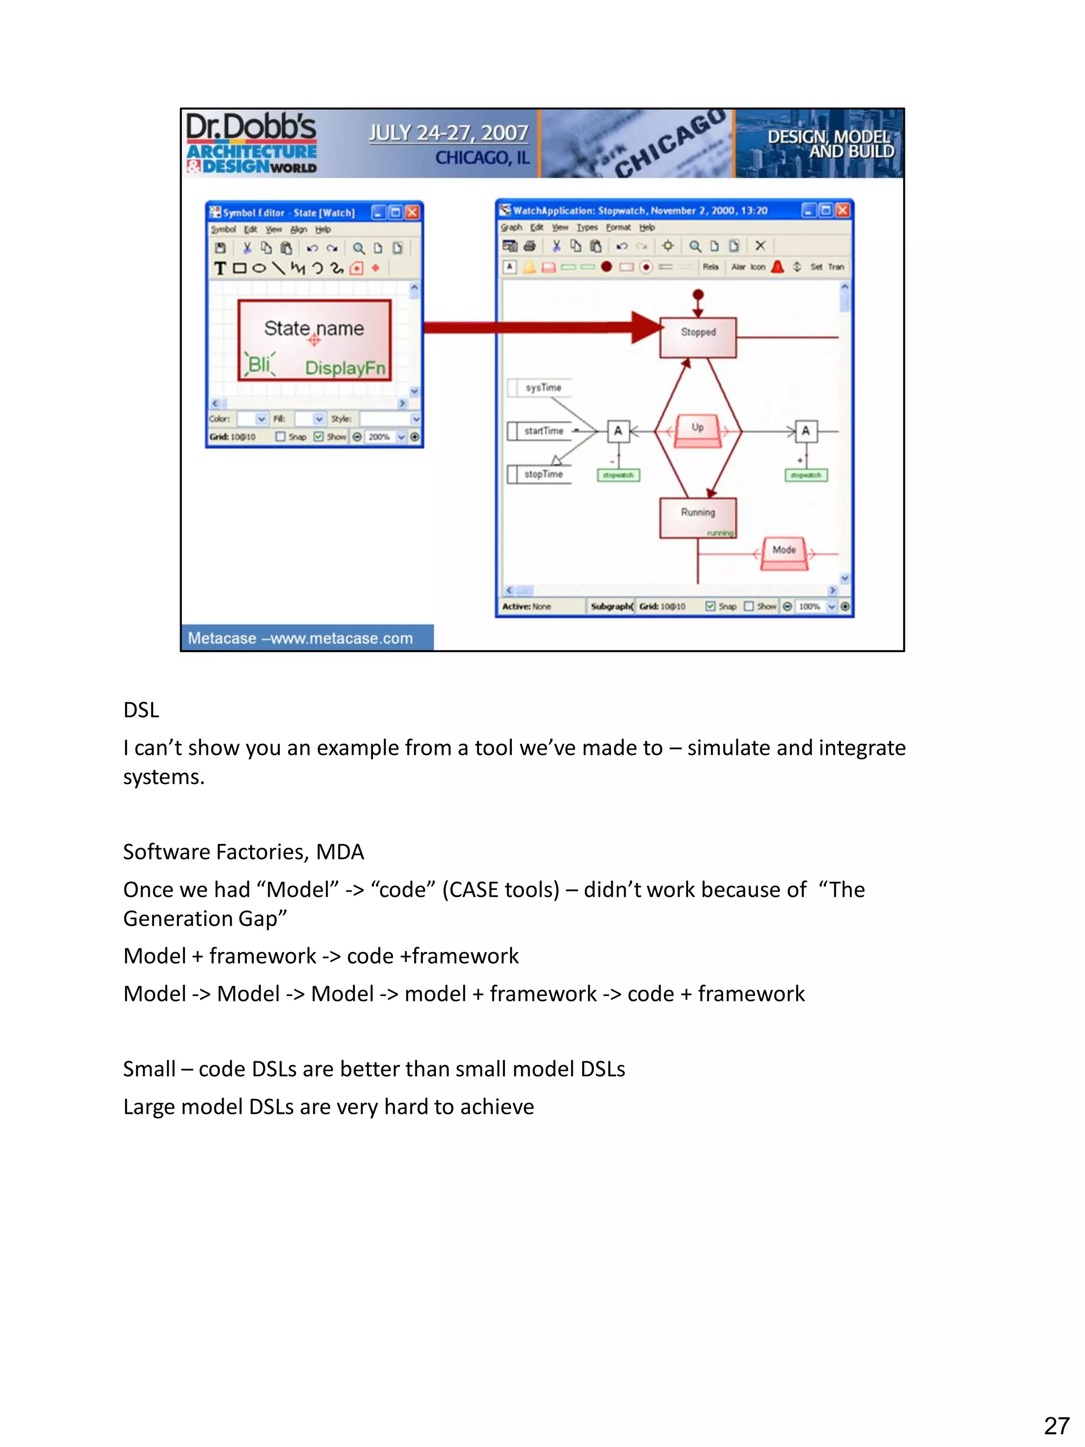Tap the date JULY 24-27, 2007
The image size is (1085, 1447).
(x=448, y=133)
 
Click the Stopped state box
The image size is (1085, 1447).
(x=697, y=337)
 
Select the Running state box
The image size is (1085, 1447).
(x=697, y=517)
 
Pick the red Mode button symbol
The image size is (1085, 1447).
(x=784, y=553)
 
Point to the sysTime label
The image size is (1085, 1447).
(x=543, y=387)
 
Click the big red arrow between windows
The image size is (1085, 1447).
(x=543, y=326)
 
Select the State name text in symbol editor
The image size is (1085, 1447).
(x=314, y=328)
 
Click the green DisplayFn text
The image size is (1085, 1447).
(x=345, y=368)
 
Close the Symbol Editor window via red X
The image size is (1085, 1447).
(x=412, y=212)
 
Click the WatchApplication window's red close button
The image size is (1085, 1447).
(x=842, y=210)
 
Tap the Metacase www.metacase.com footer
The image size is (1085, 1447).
(x=300, y=638)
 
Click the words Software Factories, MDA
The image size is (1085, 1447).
(x=243, y=851)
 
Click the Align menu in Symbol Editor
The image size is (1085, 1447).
(x=298, y=229)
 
